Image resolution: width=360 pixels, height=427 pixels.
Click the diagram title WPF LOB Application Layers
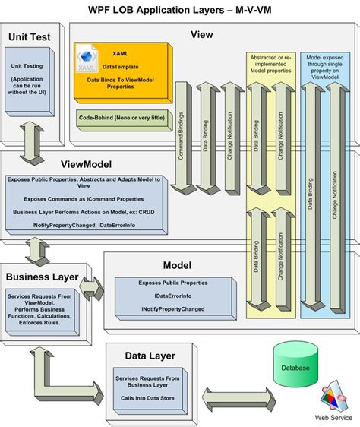pos(180,9)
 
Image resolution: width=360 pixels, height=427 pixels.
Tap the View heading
pos(202,34)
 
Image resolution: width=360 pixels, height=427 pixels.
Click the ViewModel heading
pos(87,163)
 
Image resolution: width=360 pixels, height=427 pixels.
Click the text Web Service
pos(333,418)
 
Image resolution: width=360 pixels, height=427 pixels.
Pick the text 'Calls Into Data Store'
pos(147,397)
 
